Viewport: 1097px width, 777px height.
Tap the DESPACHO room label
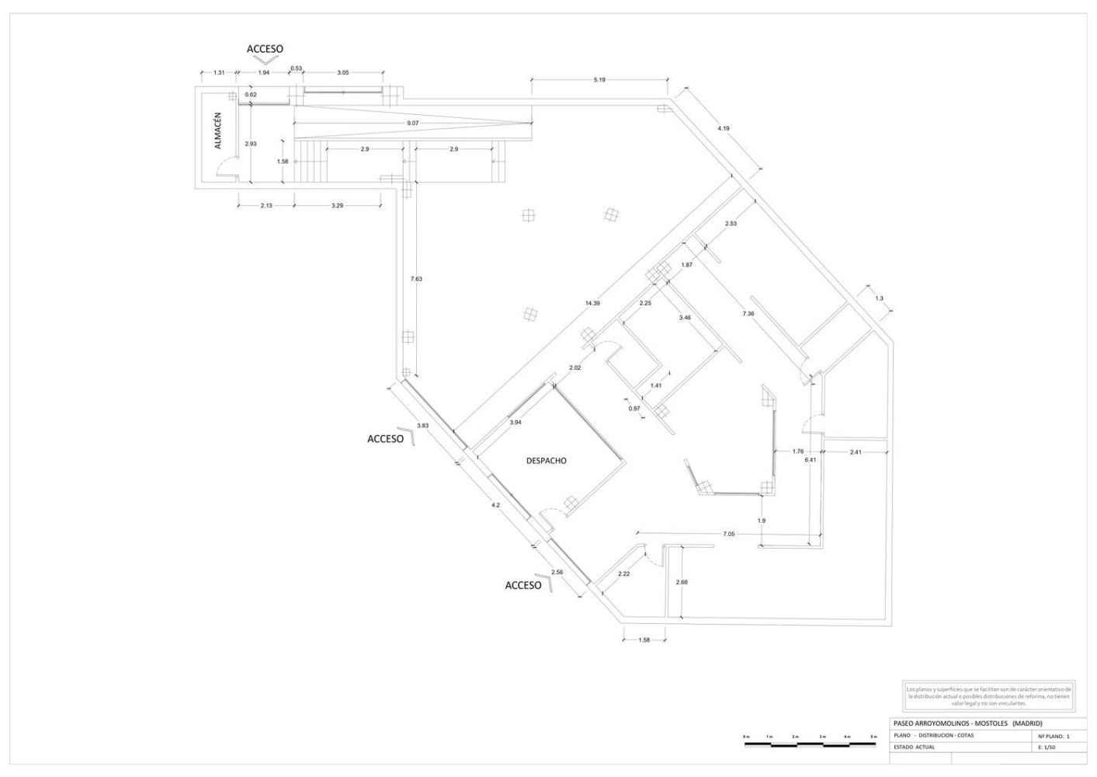click(547, 461)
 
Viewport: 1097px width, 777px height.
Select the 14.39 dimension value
click(592, 303)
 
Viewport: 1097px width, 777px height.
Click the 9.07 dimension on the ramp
click(412, 123)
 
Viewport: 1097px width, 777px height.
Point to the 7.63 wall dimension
click(416, 279)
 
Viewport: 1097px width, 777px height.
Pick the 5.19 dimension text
click(599, 80)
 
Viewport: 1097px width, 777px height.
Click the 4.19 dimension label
click(723, 128)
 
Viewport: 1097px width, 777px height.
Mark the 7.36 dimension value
click(748, 313)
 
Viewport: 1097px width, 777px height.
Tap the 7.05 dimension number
click(728, 535)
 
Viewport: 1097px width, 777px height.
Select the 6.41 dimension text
click(810, 460)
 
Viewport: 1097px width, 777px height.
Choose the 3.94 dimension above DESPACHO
click(515, 423)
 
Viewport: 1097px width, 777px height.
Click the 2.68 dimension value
click(682, 582)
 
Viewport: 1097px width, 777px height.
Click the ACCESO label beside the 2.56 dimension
click(522, 585)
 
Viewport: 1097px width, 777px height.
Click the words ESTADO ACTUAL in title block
click(914, 747)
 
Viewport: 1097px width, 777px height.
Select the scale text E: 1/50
click(1048, 747)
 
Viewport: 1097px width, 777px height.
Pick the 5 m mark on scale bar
click(873, 736)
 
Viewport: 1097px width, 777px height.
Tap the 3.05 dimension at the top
click(342, 72)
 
